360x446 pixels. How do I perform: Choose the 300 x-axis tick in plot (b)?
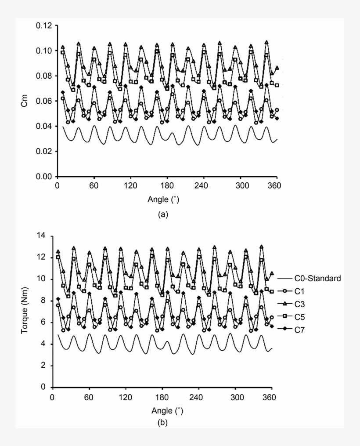(x=235, y=397)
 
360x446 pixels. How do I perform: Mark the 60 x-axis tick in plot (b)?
(x=89, y=397)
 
